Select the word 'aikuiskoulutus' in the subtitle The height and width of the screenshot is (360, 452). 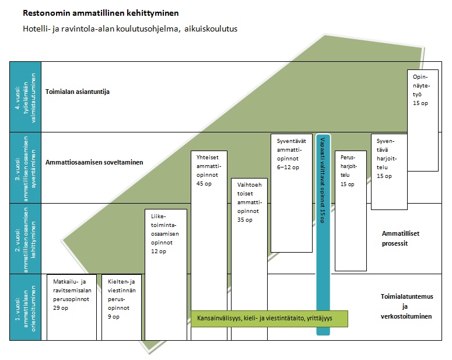pyautogui.click(x=211, y=28)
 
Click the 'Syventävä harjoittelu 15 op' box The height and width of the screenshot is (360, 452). pyautogui.click(x=389, y=171)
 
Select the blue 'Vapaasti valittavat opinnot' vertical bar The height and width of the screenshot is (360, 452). pyautogui.click(x=323, y=233)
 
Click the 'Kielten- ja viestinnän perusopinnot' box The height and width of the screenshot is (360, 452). pyautogui.click(x=121, y=306)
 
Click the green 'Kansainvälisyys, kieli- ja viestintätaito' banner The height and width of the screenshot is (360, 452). pyautogui.click(x=269, y=320)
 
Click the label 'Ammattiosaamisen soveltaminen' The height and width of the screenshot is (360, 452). pyautogui.click(x=94, y=163)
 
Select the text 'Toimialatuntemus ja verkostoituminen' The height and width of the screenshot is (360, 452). pyautogui.click(x=402, y=306)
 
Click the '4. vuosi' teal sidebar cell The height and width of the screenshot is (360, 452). pyautogui.click(x=25, y=97)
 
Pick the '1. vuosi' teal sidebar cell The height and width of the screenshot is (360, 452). pyautogui.click(x=25, y=307)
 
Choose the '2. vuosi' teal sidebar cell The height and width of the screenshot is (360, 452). pyautogui.click(x=25, y=239)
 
